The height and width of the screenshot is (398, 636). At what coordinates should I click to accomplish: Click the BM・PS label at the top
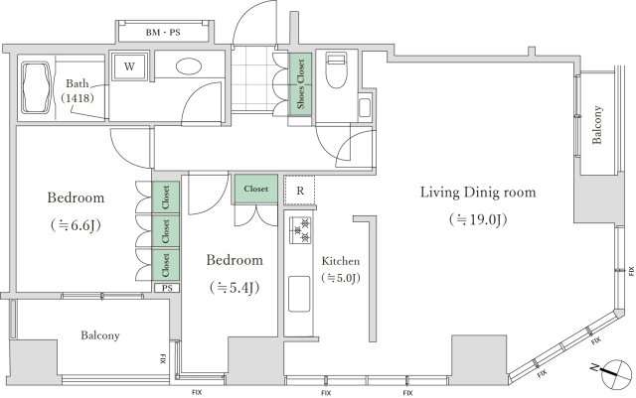coord(164,32)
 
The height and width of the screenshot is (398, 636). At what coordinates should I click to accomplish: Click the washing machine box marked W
coord(129,67)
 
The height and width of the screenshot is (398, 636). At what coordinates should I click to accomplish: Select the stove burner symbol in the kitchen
coord(299,230)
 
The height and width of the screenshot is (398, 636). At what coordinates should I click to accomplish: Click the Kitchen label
coord(339,261)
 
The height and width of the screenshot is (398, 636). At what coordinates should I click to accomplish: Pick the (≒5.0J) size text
coord(340,279)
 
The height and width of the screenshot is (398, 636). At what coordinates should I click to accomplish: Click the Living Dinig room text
coord(477,192)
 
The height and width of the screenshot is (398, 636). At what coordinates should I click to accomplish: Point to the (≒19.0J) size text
coord(477,218)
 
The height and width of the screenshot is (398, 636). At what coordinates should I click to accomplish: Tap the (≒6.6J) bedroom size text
coord(76,223)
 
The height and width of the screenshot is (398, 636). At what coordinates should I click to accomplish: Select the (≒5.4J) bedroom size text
coord(235,288)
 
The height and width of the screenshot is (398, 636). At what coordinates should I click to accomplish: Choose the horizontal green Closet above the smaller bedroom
coord(255,188)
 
